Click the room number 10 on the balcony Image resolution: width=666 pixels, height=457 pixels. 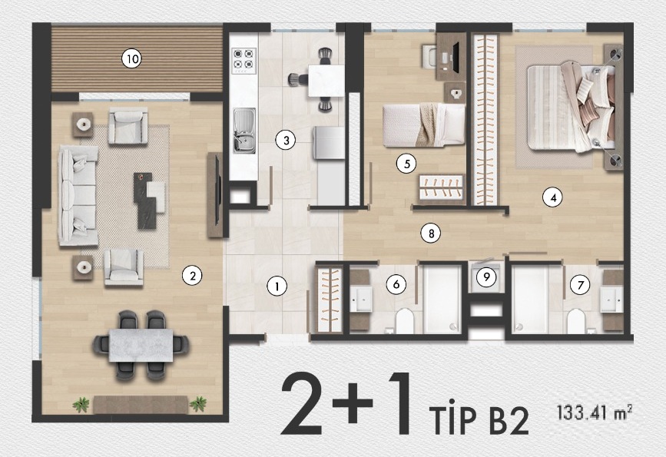131,58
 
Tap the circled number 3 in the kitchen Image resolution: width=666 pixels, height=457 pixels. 286,140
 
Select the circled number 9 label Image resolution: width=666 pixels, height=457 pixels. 486,277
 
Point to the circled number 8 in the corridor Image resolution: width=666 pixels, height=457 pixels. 431,233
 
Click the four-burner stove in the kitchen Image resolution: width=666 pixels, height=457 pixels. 244,61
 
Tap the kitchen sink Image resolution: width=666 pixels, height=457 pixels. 244,131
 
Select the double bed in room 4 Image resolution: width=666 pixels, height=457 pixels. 572,106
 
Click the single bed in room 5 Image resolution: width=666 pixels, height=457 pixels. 423,125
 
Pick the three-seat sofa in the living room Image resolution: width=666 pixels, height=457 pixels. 78,195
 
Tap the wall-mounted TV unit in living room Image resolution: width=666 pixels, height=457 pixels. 215,195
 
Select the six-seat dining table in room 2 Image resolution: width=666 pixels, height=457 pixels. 141,346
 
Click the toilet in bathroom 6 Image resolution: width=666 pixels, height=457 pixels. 404,320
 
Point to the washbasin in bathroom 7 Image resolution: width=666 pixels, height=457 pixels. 611,300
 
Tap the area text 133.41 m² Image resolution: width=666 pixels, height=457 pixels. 595,412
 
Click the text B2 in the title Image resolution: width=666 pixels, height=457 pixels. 509,420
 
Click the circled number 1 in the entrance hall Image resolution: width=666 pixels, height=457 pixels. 277,286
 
